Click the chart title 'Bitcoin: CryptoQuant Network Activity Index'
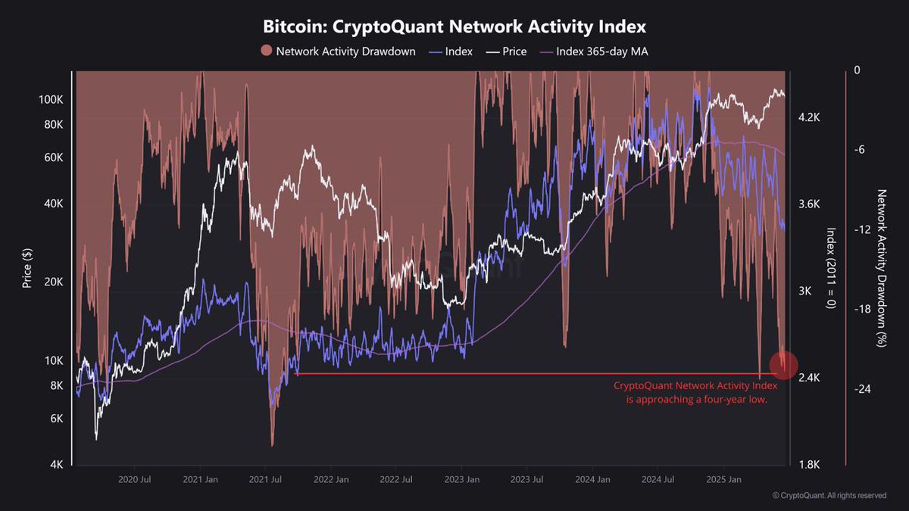coord(454,27)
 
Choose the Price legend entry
coord(507,51)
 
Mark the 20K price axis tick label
coord(53,282)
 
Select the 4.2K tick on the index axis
coord(810,117)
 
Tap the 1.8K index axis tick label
coord(810,465)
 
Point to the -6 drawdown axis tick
coord(858,150)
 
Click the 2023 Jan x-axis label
coord(463,479)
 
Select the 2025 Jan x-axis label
coord(723,479)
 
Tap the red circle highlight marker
coord(783,365)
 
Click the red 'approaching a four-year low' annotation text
coord(696,393)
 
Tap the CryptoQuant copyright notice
coord(829,496)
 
